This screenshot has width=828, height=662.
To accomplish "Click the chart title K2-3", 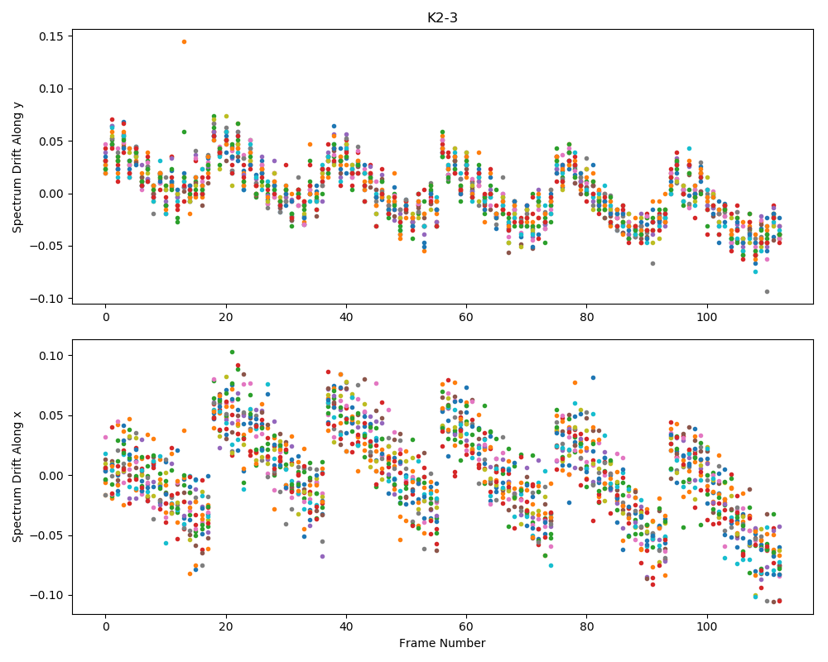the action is point(442,18).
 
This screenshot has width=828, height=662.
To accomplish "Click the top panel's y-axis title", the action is point(17,166).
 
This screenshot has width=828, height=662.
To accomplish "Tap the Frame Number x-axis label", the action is point(442,643).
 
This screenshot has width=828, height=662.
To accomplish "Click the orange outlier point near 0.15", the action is point(184,41).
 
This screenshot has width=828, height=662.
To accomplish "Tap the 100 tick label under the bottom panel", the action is point(706,626).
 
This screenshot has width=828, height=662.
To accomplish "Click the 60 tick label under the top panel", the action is point(466,317).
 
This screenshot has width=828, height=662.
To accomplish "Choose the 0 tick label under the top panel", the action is point(106,317).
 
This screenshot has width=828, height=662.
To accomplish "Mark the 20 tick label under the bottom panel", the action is point(226,626).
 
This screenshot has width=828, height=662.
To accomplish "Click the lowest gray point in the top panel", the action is point(767,291).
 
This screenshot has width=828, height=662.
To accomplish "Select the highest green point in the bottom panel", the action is point(232,353).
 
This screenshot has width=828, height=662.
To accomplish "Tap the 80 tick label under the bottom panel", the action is point(587,626).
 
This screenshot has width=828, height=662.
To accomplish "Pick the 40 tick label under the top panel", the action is point(346,317).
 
